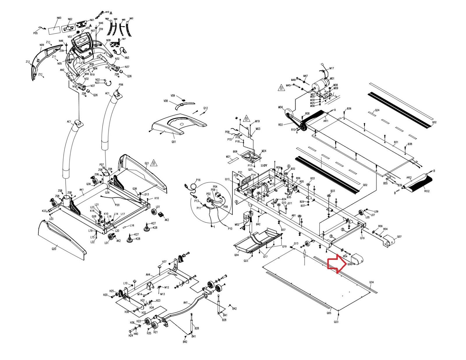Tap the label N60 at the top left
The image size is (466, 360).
click(x=59, y=18)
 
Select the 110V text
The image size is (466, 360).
click(x=264, y=165)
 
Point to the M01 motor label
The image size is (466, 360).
click(x=332, y=79)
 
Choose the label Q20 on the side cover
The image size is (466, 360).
click(x=54, y=249)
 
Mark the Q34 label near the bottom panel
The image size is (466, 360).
click(x=371, y=282)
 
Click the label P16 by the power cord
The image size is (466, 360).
click(x=198, y=180)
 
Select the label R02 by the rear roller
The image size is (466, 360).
click(x=427, y=191)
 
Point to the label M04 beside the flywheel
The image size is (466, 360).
click(x=280, y=107)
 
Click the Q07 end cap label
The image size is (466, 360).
click(x=399, y=237)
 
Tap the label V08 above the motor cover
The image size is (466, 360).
click(x=166, y=101)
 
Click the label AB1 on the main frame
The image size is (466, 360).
click(x=294, y=216)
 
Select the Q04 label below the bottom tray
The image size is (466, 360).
click(x=236, y=255)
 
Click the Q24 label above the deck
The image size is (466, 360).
click(x=377, y=110)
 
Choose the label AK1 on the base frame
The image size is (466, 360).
click(x=82, y=190)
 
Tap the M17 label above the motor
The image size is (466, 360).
click(x=332, y=68)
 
